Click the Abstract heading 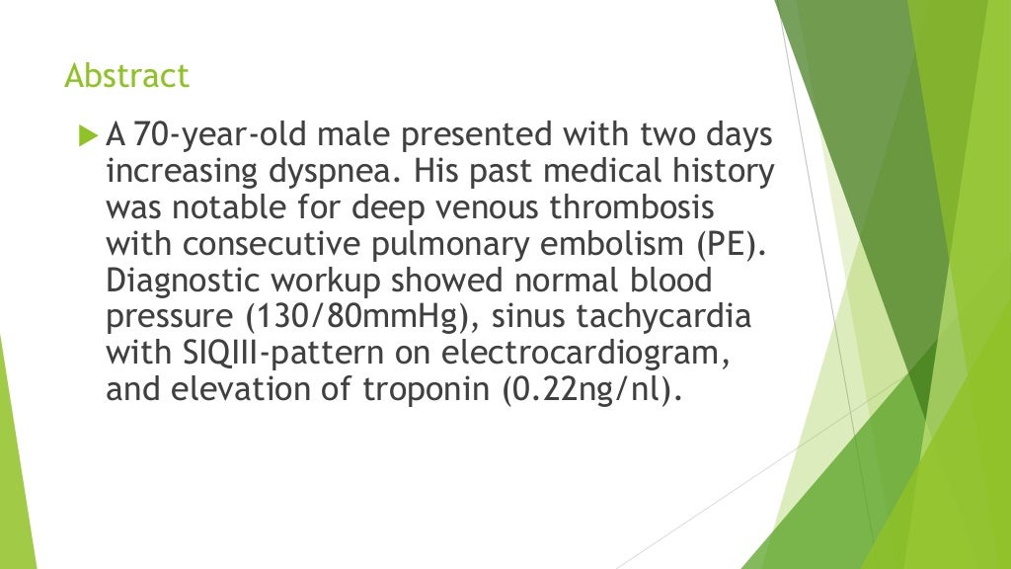coord(126,76)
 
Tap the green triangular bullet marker coord(87,131)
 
